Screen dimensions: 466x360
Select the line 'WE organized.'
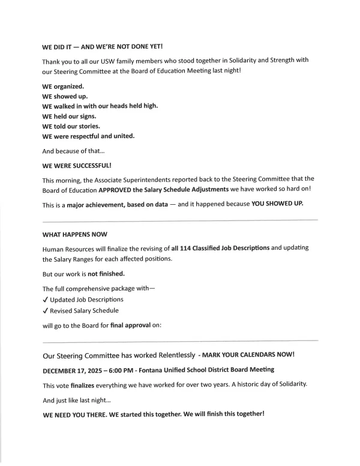pyautogui.click(x=62, y=86)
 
